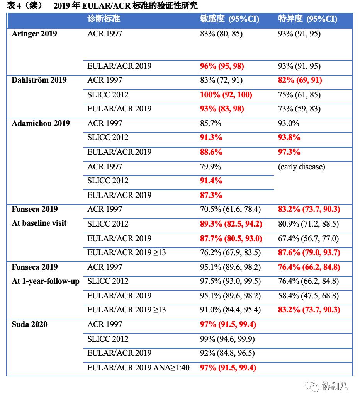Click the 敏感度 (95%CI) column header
[x=229, y=19]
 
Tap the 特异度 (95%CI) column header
[x=307, y=19]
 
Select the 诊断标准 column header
[x=104, y=19]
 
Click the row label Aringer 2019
[x=34, y=34]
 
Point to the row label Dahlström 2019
[x=39, y=80]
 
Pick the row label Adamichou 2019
[x=41, y=123]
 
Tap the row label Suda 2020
[x=30, y=324]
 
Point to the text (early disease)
[x=301, y=167]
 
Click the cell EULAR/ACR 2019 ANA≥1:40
[x=138, y=368]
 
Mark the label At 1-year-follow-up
[x=46, y=281]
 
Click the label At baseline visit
[x=39, y=223]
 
